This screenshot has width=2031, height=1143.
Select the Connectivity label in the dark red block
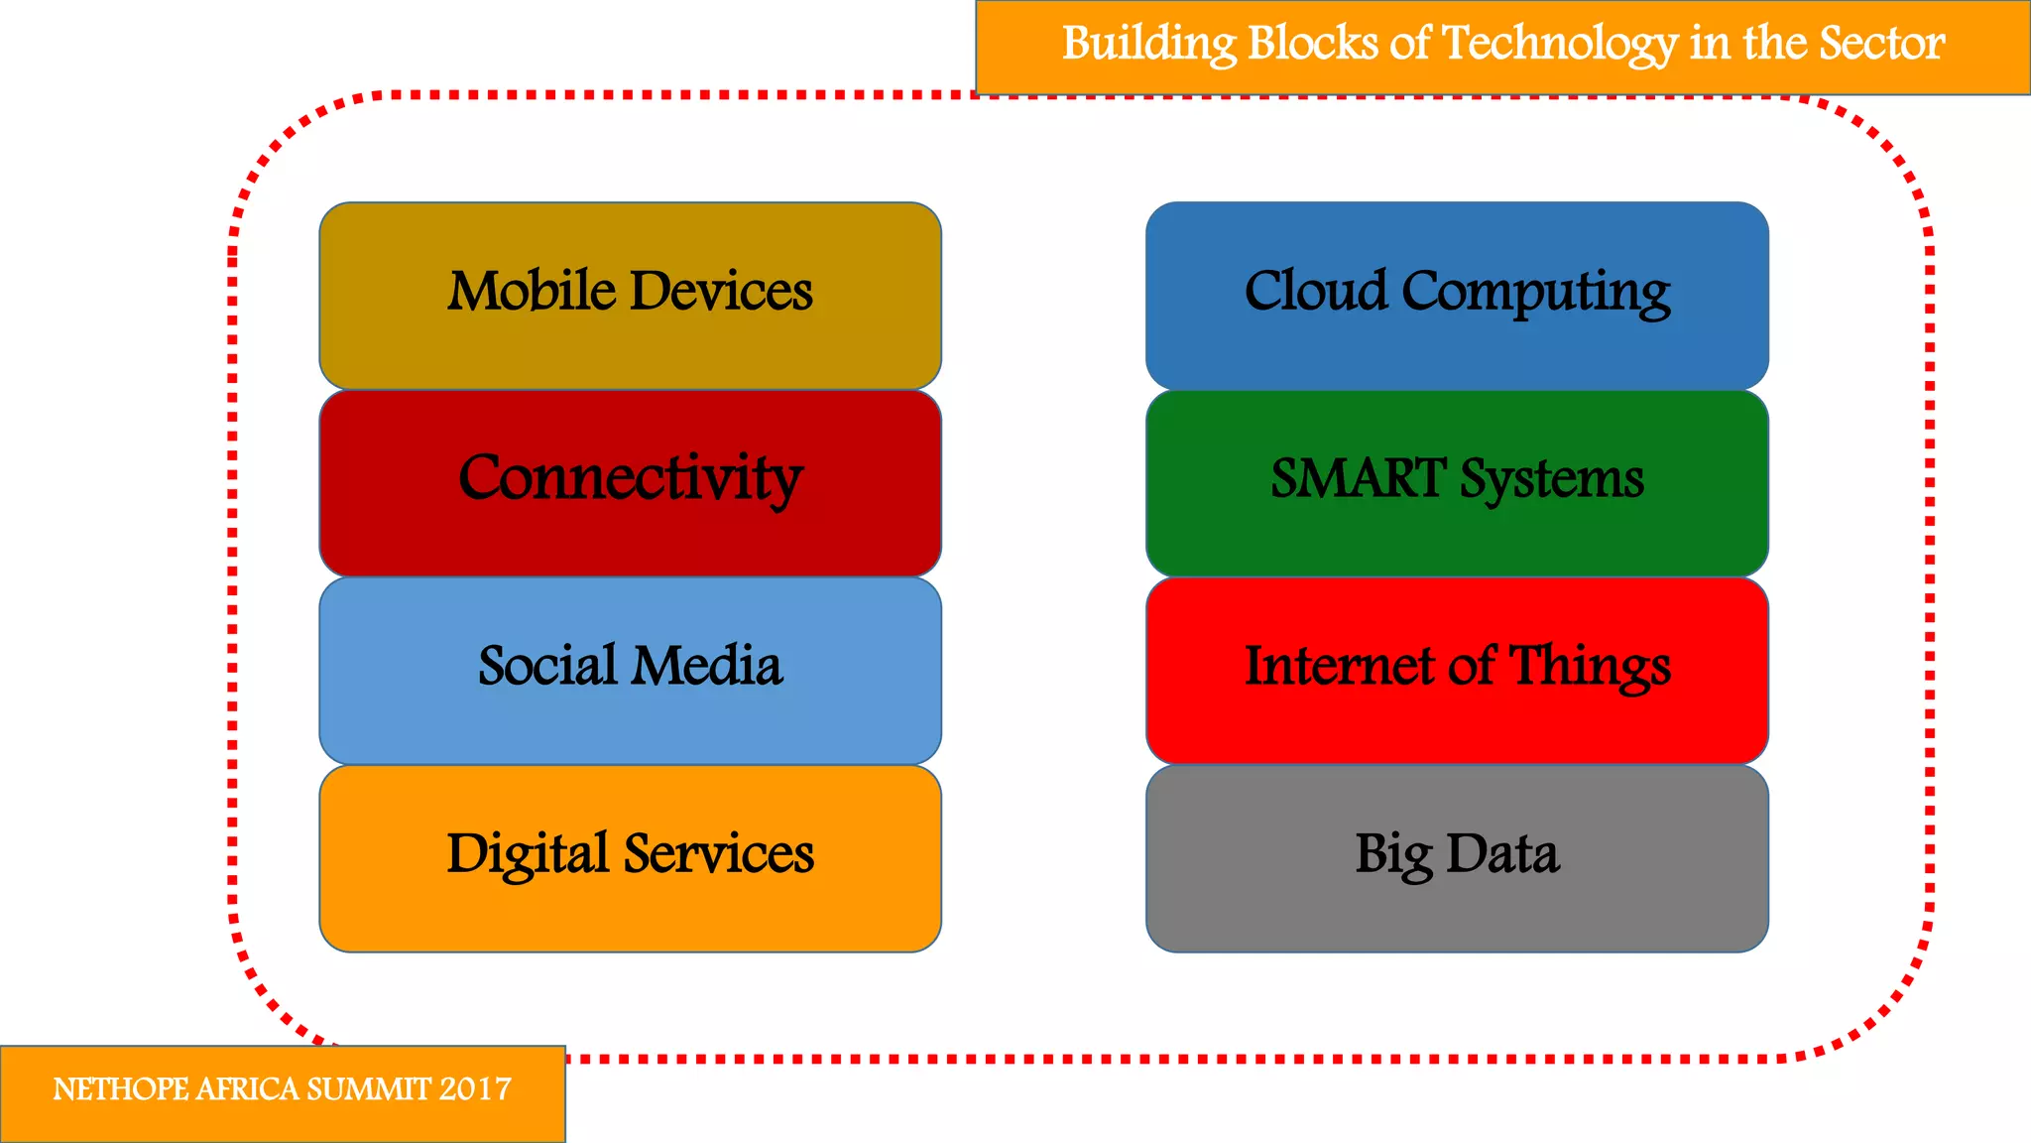coord(630,478)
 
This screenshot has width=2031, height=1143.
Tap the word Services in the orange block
coord(719,853)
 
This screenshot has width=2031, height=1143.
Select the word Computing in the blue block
coord(1536,293)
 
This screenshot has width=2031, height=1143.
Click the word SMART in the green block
coord(1358,478)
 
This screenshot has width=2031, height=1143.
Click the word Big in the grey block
coord(1393,855)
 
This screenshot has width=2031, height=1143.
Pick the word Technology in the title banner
coord(1560,45)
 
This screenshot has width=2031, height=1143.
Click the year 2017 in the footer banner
coord(475,1089)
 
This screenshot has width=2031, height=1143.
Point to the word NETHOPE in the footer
coord(120,1089)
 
